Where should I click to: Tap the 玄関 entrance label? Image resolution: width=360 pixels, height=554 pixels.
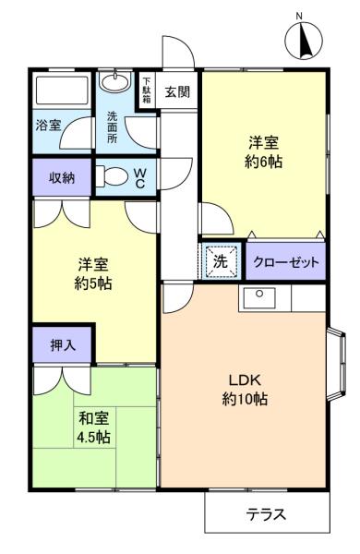click(x=176, y=91)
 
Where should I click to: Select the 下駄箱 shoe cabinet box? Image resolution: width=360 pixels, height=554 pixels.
click(x=146, y=91)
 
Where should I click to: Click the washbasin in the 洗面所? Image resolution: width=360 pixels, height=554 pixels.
click(x=114, y=84)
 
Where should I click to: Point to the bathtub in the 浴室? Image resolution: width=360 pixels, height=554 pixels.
click(x=61, y=92)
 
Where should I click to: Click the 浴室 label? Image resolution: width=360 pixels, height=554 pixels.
click(x=49, y=125)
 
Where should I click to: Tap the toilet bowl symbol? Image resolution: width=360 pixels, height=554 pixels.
click(x=112, y=175)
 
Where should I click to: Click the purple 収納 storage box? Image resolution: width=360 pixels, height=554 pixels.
click(x=62, y=176)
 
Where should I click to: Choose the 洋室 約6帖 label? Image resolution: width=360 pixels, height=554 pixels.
click(x=264, y=152)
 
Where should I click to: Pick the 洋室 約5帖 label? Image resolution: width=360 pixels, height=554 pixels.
click(x=93, y=273)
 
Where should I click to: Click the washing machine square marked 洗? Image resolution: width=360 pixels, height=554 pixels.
click(x=221, y=261)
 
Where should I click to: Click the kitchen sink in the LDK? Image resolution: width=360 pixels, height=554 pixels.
click(x=261, y=297)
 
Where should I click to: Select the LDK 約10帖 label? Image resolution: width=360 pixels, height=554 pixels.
click(x=244, y=391)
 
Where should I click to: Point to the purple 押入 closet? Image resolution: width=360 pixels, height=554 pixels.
click(x=62, y=343)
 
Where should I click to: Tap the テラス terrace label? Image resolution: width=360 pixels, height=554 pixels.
click(x=266, y=514)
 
